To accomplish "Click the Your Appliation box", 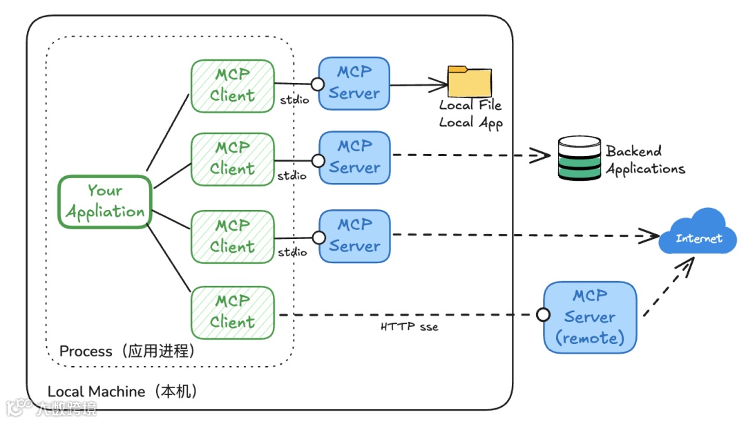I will point(105,201).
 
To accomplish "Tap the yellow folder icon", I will point(470,81).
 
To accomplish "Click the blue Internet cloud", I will point(698,233).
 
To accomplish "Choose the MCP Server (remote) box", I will point(590,317).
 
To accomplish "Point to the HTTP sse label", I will point(409,326).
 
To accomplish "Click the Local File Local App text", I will point(471,114).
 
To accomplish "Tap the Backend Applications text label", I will point(645,160).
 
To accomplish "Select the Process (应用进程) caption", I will point(128,351).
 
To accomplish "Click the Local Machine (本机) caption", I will point(124,392).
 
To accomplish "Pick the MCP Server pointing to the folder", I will point(354,83).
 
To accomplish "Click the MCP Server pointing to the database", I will point(354,157).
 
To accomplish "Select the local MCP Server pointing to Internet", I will point(354,236).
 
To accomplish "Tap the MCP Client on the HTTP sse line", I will point(232,311).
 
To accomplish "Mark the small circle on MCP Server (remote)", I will point(544,315).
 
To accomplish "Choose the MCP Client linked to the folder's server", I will point(232,86).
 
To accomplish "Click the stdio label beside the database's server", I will point(292,176).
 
